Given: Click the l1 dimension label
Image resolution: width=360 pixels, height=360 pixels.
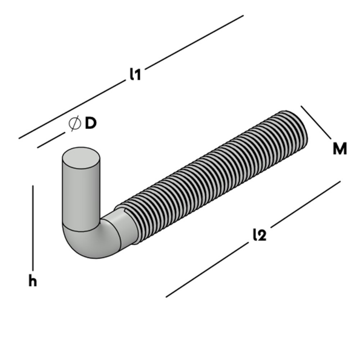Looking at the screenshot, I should coord(135,75).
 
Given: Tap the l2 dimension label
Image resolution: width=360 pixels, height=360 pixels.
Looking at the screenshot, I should coord(259,235).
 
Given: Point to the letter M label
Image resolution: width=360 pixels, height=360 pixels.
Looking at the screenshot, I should coord(340,148).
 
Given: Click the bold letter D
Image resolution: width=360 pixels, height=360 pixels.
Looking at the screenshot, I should coord(90,123).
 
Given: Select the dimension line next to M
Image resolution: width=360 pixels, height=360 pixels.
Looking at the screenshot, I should coord(315,122).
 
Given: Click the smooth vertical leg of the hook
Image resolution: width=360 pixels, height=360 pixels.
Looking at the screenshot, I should coord(80,194).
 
